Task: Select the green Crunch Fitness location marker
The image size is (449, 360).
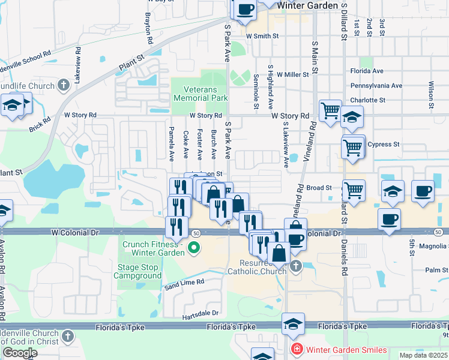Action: [x=194, y=247]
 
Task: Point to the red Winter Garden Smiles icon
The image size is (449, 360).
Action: [x=295, y=349]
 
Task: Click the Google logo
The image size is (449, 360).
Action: [x=20, y=353]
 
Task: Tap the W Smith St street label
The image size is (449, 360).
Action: [x=262, y=36]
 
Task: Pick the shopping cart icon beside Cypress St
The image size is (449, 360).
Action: [x=353, y=146]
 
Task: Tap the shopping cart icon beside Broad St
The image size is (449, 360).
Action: [x=354, y=190]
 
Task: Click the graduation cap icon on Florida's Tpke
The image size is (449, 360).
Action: [x=293, y=324]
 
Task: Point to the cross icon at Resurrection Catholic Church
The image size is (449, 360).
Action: [x=295, y=266]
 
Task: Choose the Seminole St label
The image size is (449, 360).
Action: [x=256, y=87]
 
